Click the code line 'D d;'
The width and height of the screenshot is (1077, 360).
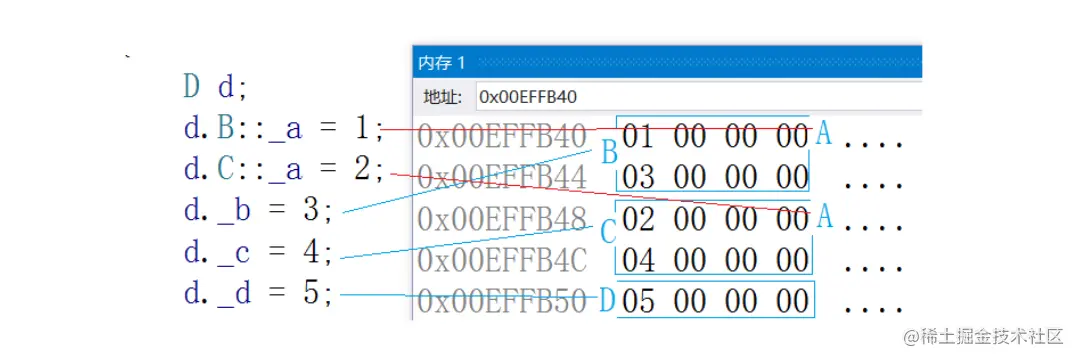point(215,87)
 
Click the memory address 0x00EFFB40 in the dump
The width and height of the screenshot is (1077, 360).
point(501,136)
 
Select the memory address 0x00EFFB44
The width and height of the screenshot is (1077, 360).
point(501,177)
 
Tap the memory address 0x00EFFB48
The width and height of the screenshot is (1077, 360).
point(501,218)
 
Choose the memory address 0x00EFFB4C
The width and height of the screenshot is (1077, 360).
point(501,259)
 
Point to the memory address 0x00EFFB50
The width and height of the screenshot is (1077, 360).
point(501,300)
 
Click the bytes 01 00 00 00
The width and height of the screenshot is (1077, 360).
point(714,136)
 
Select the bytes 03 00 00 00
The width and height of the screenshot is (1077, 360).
point(714,177)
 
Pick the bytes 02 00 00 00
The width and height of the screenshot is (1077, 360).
point(714,218)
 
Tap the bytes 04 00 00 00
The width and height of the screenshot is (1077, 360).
point(714,259)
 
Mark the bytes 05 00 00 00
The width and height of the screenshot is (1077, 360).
point(714,300)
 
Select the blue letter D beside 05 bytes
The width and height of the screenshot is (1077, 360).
point(606,299)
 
